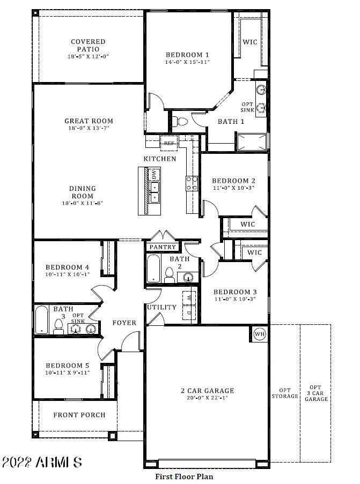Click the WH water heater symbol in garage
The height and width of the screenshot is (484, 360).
tap(260, 333)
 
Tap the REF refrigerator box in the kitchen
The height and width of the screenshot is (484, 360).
tap(169, 143)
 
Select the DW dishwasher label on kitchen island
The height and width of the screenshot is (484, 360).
tap(154, 174)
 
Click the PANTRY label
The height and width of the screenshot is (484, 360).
tap(163, 247)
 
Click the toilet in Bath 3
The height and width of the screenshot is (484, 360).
tap(58, 326)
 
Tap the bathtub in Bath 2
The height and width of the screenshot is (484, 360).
tap(153, 268)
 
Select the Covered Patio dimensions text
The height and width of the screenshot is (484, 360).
tap(88, 57)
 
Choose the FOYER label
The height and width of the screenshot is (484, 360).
tap(124, 323)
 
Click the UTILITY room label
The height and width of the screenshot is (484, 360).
tap(162, 307)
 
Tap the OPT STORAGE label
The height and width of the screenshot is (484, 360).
tap(284, 393)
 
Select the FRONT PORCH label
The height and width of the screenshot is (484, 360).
tap(79, 415)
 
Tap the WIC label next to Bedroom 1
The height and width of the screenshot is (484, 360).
tap(250, 41)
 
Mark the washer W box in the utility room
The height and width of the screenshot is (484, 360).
tap(189, 296)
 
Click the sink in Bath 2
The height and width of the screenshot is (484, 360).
tap(188, 277)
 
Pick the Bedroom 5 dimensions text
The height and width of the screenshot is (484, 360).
tap(68, 373)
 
